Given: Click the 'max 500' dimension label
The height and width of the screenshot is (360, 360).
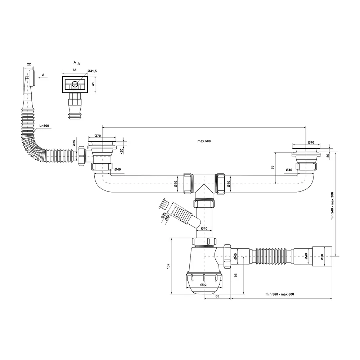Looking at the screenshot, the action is click(x=204, y=141).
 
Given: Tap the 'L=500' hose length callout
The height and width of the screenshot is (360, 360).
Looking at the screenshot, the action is click(x=44, y=126).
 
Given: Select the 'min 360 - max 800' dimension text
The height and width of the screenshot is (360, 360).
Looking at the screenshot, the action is click(x=280, y=294).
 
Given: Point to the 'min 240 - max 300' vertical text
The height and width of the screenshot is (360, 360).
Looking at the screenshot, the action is click(x=332, y=206).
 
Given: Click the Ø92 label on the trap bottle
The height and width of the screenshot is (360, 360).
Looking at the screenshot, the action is click(x=203, y=285).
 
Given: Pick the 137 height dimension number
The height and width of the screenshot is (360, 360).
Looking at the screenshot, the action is click(x=168, y=266).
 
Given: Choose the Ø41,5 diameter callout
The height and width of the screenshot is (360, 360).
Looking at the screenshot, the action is click(x=92, y=71).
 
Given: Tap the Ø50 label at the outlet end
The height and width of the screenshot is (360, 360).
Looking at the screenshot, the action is click(x=322, y=257).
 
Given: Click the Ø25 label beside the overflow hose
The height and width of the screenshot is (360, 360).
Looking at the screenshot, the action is click(x=74, y=143).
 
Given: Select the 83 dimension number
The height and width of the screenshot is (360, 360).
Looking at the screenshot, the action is click(x=272, y=167).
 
